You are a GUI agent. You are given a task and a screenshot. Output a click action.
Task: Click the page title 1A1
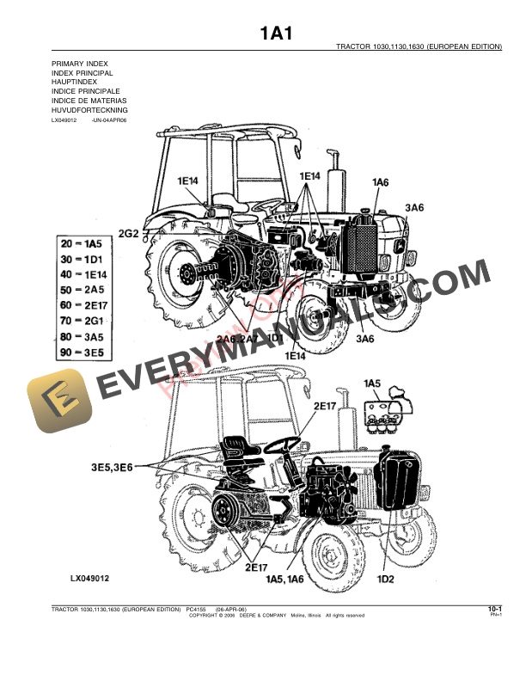(277, 34)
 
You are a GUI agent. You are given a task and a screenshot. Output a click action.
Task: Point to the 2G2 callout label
(129, 233)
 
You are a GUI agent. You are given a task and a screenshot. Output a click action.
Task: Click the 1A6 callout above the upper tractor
(381, 182)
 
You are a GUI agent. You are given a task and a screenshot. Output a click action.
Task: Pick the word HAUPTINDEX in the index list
(76, 83)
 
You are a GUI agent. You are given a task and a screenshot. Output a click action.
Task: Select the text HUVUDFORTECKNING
(89, 111)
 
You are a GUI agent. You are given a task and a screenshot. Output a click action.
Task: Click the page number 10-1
(494, 610)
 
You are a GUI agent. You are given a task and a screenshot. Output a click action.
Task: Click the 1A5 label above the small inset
(371, 382)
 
